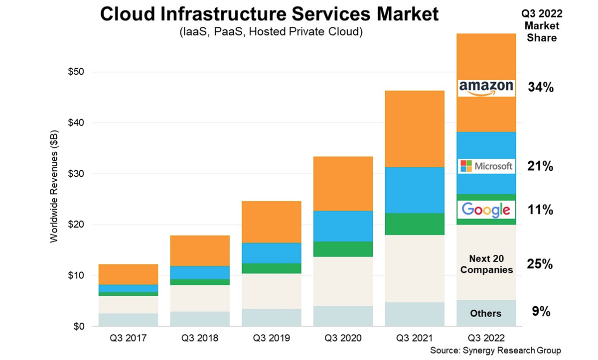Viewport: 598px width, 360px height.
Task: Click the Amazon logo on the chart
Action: pos(485,88)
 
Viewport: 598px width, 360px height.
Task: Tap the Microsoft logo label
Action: pos(485,166)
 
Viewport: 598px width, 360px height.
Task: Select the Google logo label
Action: pos(485,210)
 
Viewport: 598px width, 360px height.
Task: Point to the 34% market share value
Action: pos(541,88)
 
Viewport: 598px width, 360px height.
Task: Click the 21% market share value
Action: pos(541,167)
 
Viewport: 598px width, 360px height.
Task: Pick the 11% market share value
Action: pos(541,210)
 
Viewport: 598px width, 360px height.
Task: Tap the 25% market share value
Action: pos(541,264)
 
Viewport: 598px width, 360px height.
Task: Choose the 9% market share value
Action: pos(541,312)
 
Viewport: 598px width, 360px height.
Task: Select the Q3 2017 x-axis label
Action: pos(128,338)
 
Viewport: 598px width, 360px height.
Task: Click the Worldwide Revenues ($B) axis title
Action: pos(54,186)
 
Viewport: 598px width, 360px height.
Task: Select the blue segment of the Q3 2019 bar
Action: pos(272,253)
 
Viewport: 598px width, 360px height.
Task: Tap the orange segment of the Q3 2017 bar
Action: pos(128,274)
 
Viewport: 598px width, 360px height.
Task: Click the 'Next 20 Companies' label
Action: pos(486,264)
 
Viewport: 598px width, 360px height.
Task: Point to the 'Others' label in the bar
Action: pos(485,313)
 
